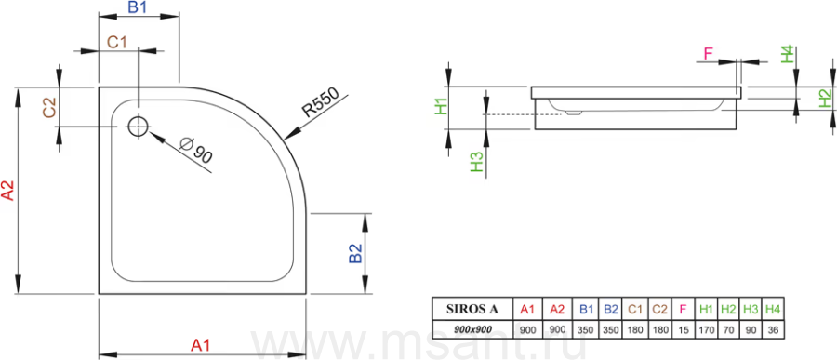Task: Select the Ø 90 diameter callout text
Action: [x=196, y=151]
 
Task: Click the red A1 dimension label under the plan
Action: [x=201, y=345]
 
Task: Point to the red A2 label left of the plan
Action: [x=8, y=190]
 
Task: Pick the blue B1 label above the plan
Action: [x=137, y=7]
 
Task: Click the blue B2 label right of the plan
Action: [x=355, y=253]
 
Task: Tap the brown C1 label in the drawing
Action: [x=116, y=42]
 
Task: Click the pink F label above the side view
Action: [x=709, y=53]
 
